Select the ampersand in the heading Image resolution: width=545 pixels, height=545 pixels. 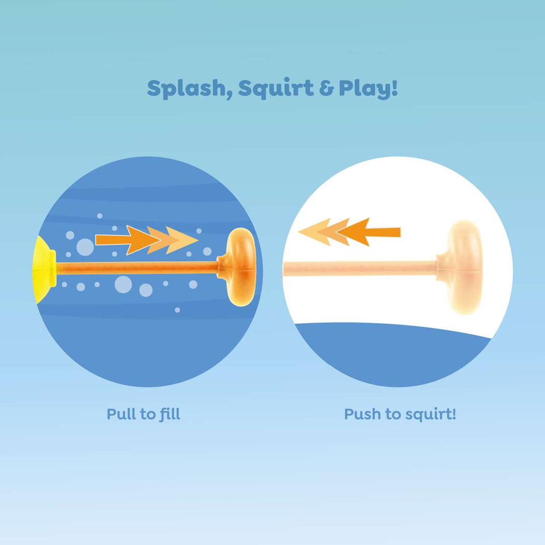coord(326,89)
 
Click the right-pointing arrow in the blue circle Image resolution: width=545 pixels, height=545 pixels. coord(146,240)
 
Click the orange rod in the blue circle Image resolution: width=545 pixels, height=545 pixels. coord(136,268)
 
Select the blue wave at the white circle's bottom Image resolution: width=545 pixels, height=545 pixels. coord(394,353)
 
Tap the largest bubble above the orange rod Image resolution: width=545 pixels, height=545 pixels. coord(85,247)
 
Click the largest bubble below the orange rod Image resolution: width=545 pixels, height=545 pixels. coord(123,284)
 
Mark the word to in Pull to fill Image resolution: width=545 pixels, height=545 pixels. coord(147,415)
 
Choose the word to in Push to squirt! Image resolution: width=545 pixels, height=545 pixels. coord(393,415)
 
